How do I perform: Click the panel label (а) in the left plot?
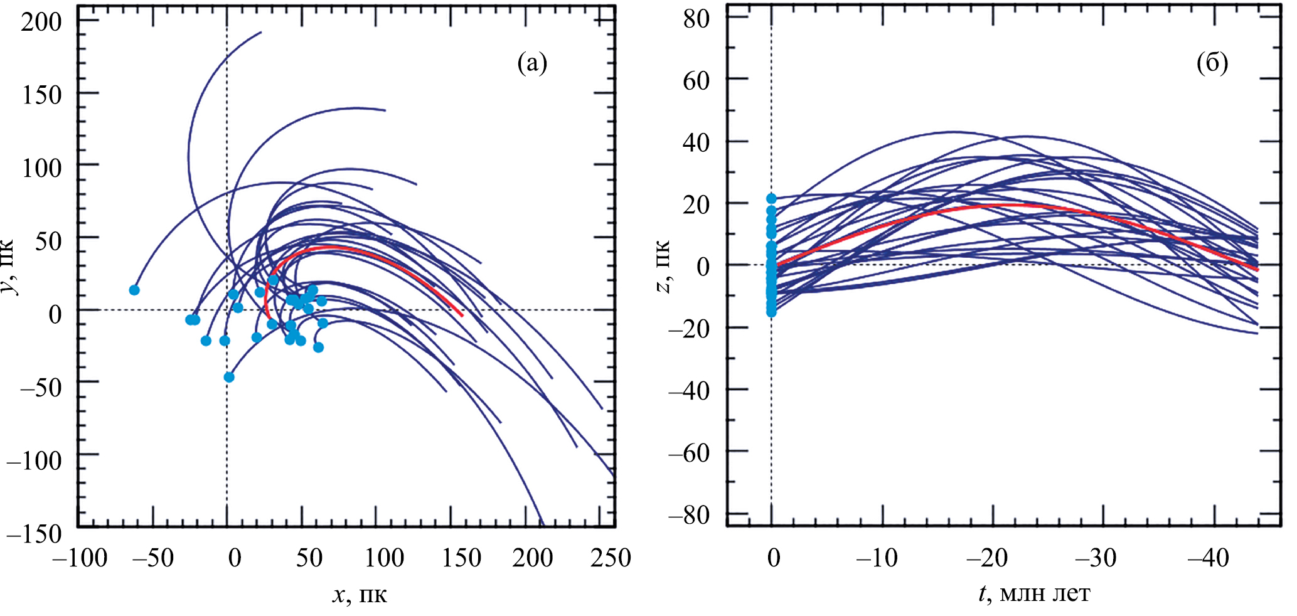(532, 63)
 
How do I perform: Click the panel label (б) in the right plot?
(1212, 63)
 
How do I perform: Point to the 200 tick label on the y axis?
(42, 22)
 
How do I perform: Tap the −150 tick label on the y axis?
(35, 534)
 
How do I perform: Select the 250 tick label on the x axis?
(610, 558)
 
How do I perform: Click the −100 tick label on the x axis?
(80, 558)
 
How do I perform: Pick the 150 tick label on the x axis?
(461, 558)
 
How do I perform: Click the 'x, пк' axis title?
(360, 594)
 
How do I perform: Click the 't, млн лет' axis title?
(1035, 593)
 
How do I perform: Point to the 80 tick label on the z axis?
(697, 18)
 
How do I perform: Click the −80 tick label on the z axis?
(689, 516)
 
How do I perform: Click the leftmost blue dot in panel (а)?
(134, 290)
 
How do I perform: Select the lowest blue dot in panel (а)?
(229, 377)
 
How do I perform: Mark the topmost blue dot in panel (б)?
(771, 199)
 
